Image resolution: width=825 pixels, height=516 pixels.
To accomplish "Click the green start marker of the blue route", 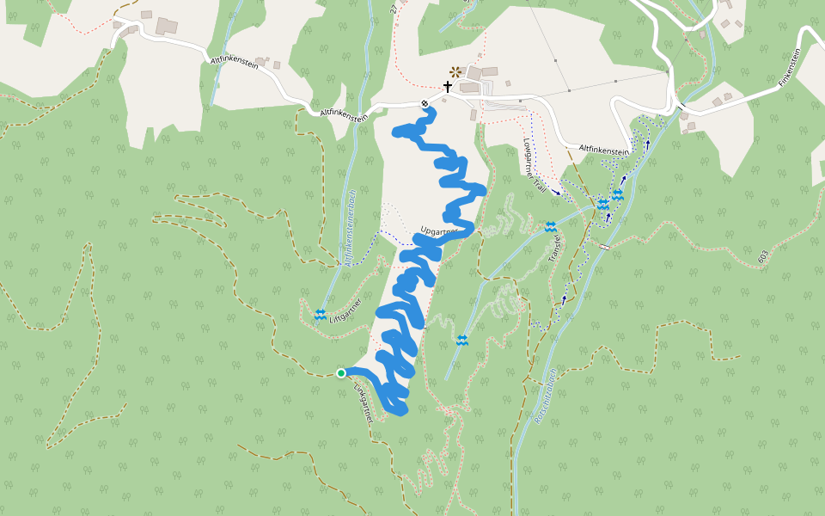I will pyautogui.click(x=341, y=372).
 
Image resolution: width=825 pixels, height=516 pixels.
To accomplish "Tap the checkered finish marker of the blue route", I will pyautogui.click(x=425, y=104).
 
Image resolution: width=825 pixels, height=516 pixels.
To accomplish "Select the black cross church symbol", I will pyautogui.click(x=447, y=87).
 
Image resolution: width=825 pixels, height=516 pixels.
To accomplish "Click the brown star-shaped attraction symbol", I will pyautogui.click(x=455, y=72).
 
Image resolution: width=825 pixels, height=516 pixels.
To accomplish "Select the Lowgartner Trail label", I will pyautogui.click(x=535, y=163).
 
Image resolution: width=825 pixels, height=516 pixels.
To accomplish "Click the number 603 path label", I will pyautogui.click(x=762, y=256).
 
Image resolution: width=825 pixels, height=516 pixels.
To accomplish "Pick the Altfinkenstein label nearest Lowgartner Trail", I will pyautogui.click(x=605, y=150).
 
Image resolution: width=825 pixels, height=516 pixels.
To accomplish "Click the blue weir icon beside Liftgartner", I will pyautogui.click(x=320, y=314).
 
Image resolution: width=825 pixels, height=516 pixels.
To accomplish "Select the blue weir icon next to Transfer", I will pyautogui.click(x=550, y=226).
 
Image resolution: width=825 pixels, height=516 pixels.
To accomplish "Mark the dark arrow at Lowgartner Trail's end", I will pyautogui.click(x=558, y=193).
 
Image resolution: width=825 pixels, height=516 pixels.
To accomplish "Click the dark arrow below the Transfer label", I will pyautogui.click(x=564, y=300).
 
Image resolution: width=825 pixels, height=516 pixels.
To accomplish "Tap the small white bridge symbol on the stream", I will pyautogui.click(x=604, y=248).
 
